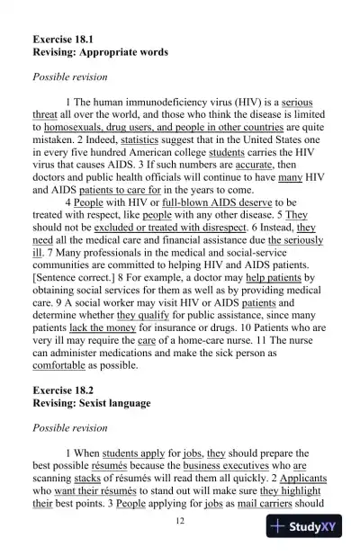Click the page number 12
pyautogui.click(x=180, y=522)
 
